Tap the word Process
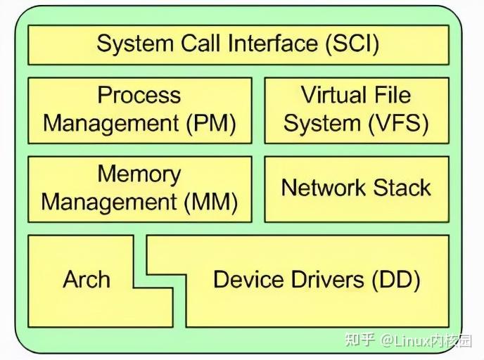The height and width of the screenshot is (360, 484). click(139, 96)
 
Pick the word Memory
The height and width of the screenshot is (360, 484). click(139, 174)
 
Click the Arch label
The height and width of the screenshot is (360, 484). click(87, 280)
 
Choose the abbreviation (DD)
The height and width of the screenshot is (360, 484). click(395, 280)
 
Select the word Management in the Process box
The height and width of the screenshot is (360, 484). click(112, 124)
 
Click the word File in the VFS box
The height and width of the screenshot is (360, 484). click(393, 96)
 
